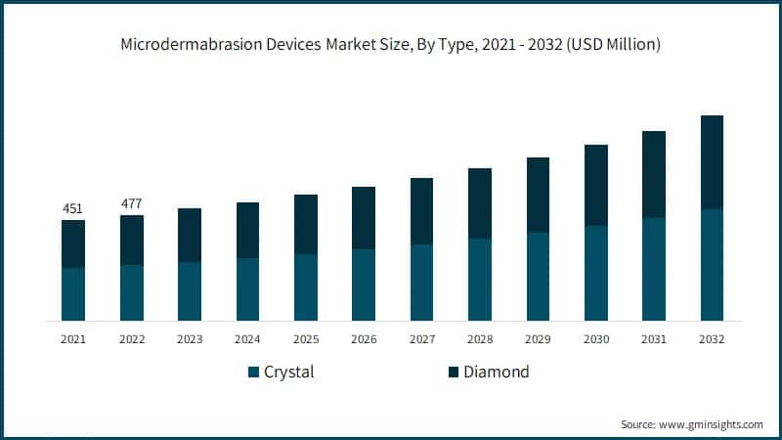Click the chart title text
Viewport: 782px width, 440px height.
(x=390, y=44)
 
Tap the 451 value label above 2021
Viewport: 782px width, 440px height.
(x=73, y=207)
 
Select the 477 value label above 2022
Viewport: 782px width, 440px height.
(x=131, y=203)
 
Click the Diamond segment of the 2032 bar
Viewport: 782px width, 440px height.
(x=712, y=161)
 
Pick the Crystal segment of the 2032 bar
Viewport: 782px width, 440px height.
(x=712, y=264)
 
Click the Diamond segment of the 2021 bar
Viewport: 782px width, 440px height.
(x=73, y=243)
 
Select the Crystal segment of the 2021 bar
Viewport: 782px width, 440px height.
(x=73, y=293)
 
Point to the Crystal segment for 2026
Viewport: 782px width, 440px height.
(x=364, y=285)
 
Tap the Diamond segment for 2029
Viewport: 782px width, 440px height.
(x=538, y=195)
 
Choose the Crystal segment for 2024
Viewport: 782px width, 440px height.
(x=247, y=288)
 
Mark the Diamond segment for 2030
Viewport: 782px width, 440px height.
(x=596, y=185)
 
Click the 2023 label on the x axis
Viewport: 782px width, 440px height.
(x=190, y=339)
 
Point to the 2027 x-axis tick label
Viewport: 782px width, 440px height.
(x=422, y=339)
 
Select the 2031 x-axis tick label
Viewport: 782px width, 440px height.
(x=654, y=339)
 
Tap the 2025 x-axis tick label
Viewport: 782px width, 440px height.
(x=306, y=339)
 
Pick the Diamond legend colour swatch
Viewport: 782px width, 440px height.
(x=453, y=373)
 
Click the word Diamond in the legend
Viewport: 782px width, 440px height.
(x=496, y=373)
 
